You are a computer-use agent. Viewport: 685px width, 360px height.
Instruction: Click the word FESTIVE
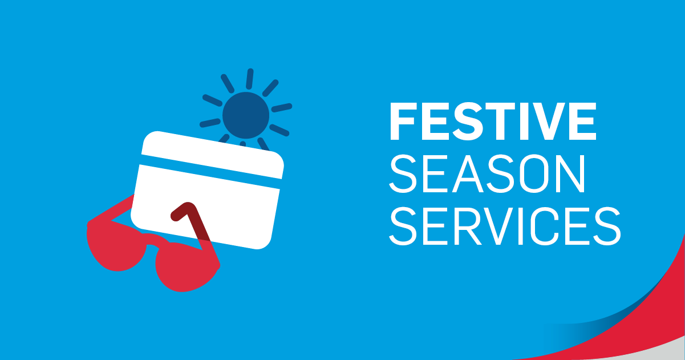pos(493,121)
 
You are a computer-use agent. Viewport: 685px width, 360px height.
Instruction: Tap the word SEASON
pos(487,174)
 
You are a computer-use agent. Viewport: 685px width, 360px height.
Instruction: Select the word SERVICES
pos(505,226)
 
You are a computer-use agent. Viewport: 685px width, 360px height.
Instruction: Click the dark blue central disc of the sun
pos(246,115)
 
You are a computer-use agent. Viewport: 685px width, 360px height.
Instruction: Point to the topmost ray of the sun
pos(250,79)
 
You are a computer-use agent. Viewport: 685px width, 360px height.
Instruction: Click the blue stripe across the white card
pos(210,172)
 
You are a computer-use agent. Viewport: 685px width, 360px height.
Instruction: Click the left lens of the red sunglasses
pos(116,248)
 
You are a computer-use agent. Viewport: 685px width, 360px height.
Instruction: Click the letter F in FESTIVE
pos(403,121)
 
